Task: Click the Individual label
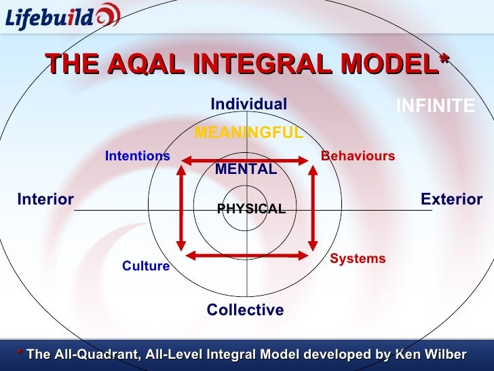pos(248,104)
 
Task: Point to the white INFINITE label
pos(435,106)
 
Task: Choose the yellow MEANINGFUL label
pos(248,132)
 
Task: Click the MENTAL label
pos(246,169)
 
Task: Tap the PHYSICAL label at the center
pos(251,209)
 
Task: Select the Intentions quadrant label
pos(137,156)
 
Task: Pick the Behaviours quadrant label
pos(358,156)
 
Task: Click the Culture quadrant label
pos(146,266)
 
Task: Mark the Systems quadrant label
pos(358,259)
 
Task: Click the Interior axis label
pos(45,200)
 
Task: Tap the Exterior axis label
pos(451,200)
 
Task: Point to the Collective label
pos(245,311)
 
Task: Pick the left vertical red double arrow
pos(181,207)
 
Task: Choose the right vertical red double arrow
pos(313,207)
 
